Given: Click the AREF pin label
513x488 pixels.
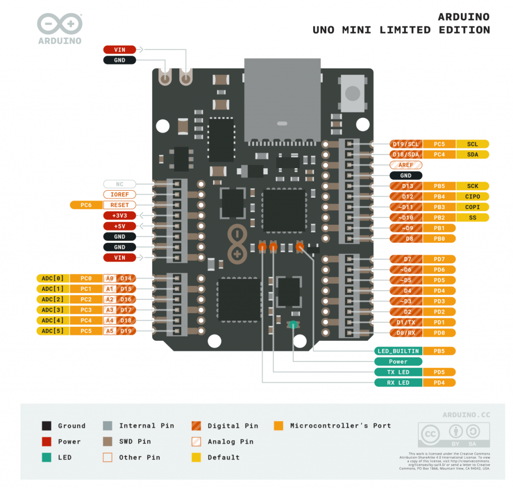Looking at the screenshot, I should [x=406, y=165].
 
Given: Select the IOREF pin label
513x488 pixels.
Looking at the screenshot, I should [x=120, y=194].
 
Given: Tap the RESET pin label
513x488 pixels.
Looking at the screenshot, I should [x=120, y=205].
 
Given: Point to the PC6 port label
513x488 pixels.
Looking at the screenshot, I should [x=86, y=205].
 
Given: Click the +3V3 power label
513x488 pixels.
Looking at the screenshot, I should [x=120, y=215].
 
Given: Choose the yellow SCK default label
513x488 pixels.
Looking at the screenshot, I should [x=472, y=186].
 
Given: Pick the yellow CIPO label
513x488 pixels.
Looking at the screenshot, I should [x=472, y=197].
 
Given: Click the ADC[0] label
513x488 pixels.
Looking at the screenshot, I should [x=53, y=278].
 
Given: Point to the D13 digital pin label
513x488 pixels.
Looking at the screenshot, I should [x=407, y=186].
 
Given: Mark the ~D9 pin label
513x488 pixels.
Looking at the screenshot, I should [x=407, y=228].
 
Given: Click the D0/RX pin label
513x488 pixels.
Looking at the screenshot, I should [x=406, y=333].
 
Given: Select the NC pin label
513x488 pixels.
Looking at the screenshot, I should [x=120, y=184].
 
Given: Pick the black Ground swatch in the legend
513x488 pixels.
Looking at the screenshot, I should [x=47, y=426].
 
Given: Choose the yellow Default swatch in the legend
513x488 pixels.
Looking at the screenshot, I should [x=197, y=457].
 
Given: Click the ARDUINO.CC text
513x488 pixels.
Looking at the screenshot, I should [x=466, y=415].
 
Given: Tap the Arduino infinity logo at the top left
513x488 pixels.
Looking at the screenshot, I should [x=60, y=24].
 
